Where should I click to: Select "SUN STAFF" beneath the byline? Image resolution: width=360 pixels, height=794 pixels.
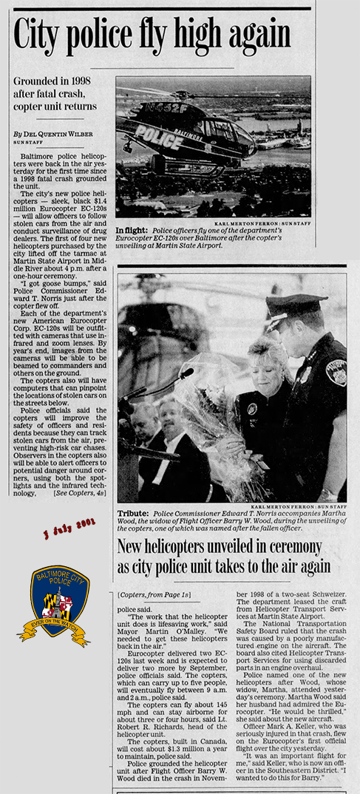30,142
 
